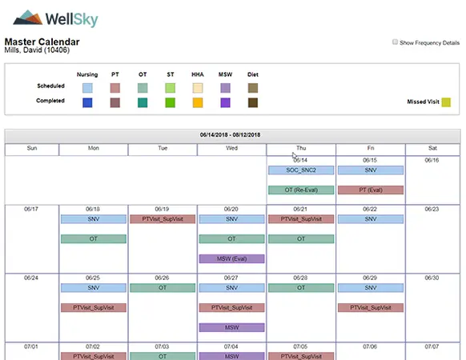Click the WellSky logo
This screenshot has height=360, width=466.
50,18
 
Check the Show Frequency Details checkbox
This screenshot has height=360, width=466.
396,42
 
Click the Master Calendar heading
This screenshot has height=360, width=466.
42,42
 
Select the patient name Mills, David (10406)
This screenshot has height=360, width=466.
38,50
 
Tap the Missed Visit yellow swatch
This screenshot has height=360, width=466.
446,102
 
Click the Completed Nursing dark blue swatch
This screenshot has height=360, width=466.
87,102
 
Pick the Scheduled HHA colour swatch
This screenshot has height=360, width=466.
197,86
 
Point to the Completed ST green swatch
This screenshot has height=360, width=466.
170,102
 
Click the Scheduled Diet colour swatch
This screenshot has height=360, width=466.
253,86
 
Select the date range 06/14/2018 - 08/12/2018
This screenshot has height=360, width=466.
232,135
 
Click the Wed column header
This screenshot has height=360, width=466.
231,148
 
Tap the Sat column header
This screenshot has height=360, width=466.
432,148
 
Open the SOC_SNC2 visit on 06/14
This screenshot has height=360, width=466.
300,170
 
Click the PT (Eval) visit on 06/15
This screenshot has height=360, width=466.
370,190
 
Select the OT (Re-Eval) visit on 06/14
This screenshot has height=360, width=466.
300,190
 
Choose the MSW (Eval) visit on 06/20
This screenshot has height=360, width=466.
231,258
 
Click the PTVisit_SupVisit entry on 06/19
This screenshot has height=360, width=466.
163,219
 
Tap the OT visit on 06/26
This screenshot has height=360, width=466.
163,288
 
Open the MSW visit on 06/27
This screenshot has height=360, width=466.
231,327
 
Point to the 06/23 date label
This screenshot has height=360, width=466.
432,209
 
